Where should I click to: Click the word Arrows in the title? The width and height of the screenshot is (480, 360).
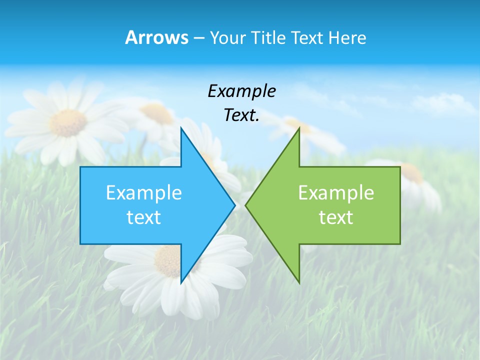[x=156, y=37]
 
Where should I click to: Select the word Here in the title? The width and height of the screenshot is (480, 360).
[x=347, y=37]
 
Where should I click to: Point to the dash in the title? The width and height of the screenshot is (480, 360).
[x=198, y=38]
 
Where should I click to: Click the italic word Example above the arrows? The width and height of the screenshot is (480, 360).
[x=241, y=91]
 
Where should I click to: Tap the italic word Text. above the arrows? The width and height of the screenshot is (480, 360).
[x=241, y=115]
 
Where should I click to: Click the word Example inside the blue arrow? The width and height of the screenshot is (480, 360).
[x=144, y=193]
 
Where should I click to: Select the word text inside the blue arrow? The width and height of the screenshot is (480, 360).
[x=144, y=217]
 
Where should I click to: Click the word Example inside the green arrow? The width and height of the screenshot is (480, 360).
[x=336, y=193]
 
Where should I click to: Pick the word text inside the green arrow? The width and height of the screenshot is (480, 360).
[x=336, y=217]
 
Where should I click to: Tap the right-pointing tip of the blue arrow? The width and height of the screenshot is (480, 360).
[x=234, y=205]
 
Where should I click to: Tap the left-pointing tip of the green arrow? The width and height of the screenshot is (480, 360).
[x=246, y=205]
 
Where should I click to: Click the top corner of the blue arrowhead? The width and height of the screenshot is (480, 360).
[x=181, y=128]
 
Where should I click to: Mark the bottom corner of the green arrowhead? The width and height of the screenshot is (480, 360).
[x=299, y=282]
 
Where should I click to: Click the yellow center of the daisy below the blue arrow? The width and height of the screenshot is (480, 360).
[x=167, y=260]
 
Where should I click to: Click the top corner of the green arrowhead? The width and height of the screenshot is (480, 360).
[x=299, y=128]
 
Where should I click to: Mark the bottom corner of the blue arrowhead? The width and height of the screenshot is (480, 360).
[x=181, y=282]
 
